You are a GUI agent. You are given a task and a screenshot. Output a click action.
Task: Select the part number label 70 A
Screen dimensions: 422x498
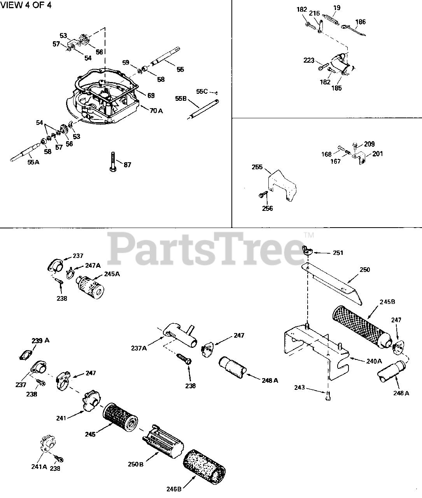(x=156, y=110)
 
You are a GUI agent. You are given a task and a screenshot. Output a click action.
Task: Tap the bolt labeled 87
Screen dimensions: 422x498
(x=112, y=161)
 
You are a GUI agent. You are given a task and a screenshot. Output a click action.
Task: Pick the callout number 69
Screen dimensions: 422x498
(x=151, y=95)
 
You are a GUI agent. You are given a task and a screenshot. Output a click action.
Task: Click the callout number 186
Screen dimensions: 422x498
(x=361, y=22)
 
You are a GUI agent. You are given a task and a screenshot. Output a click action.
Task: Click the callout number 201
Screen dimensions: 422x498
(x=377, y=154)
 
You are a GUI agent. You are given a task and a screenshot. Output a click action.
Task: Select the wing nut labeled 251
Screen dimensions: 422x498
(x=308, y=249)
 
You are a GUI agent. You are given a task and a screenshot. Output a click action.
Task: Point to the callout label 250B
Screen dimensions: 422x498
(x=136, y=464)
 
